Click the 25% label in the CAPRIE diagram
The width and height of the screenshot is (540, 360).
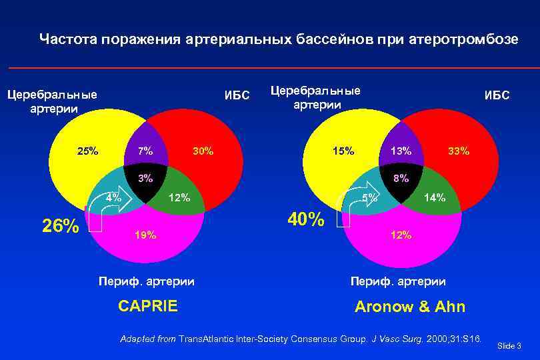[x=87, y=151]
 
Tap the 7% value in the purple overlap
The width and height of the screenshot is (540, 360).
[x=145, y=151]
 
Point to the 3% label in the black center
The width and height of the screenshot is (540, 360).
[x=145, y=178]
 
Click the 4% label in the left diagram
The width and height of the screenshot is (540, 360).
[x=114, y=197]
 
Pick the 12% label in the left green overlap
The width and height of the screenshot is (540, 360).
[x=179, y=197]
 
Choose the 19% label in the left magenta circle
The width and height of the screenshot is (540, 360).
[x=145, y=235]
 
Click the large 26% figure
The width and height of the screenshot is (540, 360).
[x=61, y=226]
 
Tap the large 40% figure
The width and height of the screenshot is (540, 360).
[x=306, y=219]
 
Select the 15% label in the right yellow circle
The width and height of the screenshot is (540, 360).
[x=343, y=151]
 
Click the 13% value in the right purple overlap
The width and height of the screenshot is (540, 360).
[x=401, y=151]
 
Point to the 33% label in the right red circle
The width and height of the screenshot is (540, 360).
[x=459, y=151]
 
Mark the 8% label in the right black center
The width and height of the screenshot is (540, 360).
[x=401, y=178]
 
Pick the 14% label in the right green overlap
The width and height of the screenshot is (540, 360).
[x=435, y=197]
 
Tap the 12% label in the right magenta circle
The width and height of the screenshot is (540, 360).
[x=401, y=235]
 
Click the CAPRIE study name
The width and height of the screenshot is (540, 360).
[x=147, y=306]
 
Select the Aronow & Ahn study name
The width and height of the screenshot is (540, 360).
[x=410, y=307]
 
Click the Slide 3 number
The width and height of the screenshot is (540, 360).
[x=509, y=345]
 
